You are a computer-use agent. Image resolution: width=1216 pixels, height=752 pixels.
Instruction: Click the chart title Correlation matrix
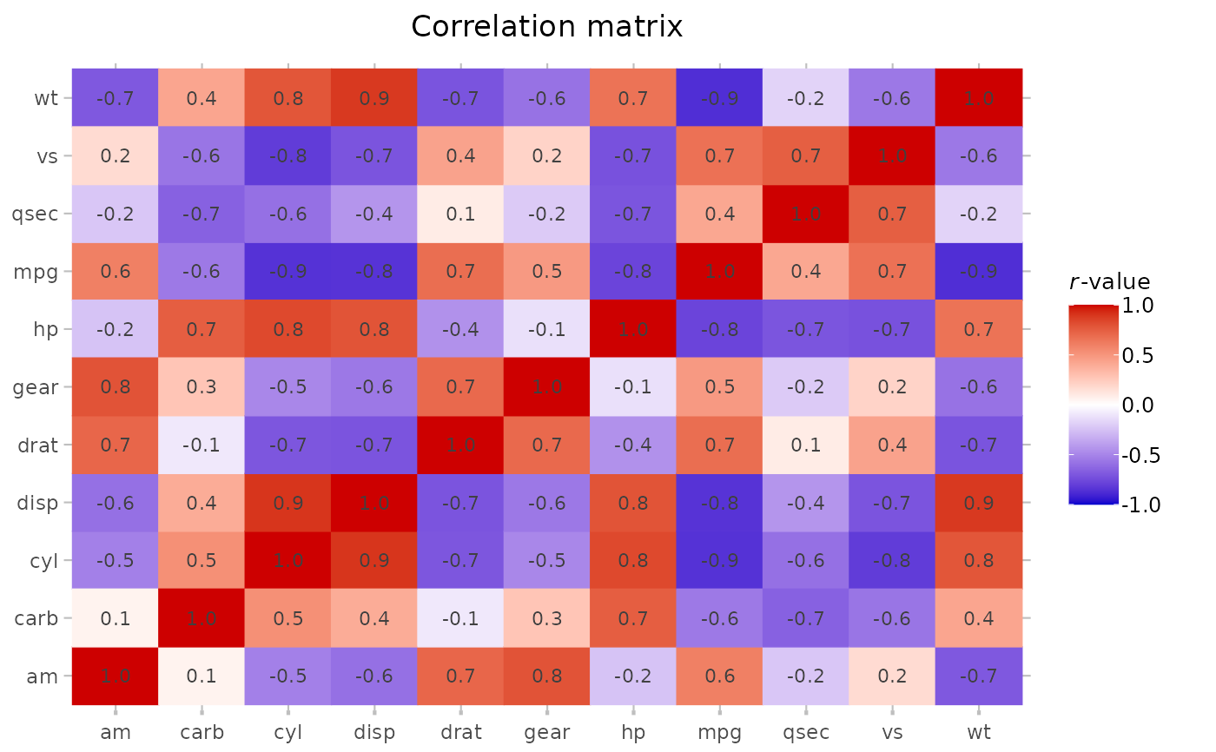point(546,26)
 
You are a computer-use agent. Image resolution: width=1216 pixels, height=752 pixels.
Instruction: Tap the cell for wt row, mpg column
point(719,98)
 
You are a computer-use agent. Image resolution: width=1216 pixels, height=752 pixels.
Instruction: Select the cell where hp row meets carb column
point(202,329)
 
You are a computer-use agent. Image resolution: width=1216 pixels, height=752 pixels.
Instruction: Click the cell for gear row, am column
point(115,386)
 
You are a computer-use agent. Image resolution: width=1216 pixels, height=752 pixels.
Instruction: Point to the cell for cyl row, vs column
point(892,560)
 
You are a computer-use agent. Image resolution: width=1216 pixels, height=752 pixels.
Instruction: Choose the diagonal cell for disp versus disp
point(373,502)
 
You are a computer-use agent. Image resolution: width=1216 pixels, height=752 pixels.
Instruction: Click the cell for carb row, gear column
point(546,617)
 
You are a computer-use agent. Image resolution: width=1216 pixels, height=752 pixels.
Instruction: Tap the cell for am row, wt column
point(979,676)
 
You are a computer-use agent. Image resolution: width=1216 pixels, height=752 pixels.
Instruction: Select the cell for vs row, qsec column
point(806,156)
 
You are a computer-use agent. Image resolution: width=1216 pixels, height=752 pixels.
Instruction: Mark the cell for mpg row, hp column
point(633,271)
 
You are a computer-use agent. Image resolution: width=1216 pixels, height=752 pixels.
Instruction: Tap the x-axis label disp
point(373,732)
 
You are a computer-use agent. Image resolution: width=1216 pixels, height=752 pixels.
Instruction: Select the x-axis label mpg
point(719,732)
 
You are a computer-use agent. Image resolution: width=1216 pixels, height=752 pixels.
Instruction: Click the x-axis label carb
point(202,732)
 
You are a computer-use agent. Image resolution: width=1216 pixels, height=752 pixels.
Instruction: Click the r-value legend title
point(1108,282)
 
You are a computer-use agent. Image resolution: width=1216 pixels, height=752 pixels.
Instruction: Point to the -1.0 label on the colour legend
point(1139,505)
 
